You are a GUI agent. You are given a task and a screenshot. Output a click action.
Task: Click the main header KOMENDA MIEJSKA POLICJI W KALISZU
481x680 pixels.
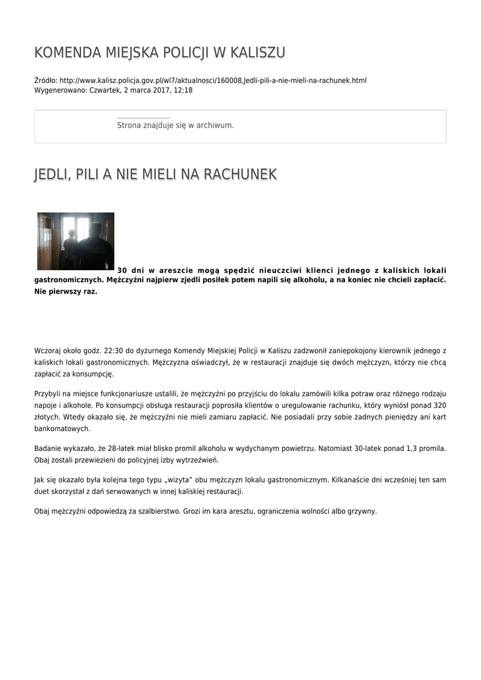[x=160, y=52]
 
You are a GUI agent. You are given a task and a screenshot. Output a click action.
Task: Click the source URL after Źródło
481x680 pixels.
[x=213, y=80]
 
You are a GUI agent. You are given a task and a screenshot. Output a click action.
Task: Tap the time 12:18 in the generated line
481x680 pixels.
[x=183, y=90]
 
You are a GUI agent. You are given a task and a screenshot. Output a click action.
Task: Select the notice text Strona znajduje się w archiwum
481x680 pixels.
[x=175, y=126]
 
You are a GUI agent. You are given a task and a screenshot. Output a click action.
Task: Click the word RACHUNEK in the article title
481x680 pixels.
[x=240, y=175]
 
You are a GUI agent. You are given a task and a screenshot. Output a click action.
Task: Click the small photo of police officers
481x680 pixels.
[x=76, y=241]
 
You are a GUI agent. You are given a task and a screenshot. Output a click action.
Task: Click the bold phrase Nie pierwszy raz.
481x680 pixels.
[x=66, y=292]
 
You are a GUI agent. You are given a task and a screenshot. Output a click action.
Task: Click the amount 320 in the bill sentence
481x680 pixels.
[x=439, y=404]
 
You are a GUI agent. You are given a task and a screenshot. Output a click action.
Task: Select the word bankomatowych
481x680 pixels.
[x=62, y=428]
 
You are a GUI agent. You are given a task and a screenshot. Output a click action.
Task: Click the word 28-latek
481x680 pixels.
[x=126, y=448]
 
